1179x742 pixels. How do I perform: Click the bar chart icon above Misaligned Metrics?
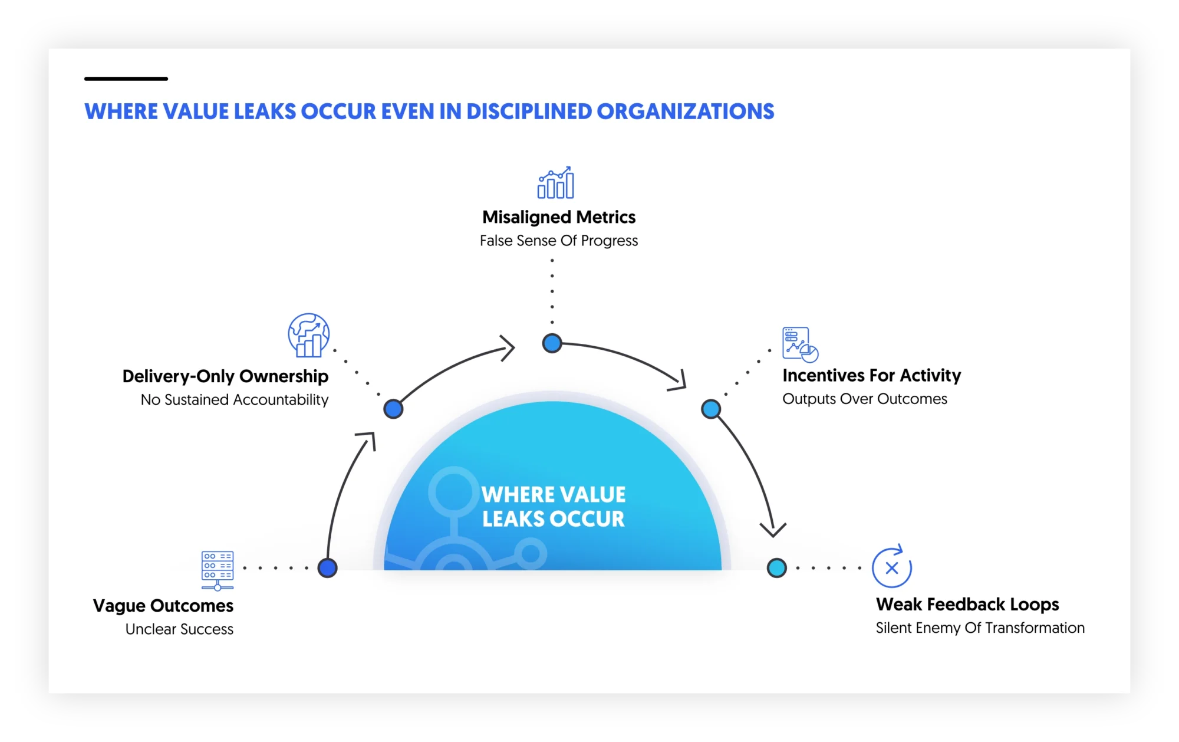click(555, 183)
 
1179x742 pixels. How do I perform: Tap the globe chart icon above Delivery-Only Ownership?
click(308, 335)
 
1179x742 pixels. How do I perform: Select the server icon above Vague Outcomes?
click(218, 570)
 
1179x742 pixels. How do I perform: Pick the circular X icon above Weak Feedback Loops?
click(892, 567)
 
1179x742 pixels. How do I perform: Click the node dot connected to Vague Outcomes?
click(327, 567)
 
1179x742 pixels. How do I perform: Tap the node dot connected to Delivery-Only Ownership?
click(393, 408)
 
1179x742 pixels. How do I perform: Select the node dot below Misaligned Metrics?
click(552, 343)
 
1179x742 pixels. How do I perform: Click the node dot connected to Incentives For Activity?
click(711, 408)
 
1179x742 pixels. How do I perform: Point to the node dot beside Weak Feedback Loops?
click(776, 567)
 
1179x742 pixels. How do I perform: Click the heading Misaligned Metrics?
click(559, 217)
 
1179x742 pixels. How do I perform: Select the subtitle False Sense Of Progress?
click(559, 241)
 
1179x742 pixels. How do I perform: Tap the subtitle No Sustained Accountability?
click(234, 400)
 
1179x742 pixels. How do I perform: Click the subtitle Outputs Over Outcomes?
click(865, 399)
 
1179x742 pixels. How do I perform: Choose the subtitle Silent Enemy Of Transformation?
click(980, 628)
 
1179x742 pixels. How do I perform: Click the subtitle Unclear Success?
click(179, 629)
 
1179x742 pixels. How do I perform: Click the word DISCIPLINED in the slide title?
click(529, 111)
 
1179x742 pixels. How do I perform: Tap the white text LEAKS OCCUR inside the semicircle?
click(553, 519)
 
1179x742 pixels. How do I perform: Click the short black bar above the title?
click(126, 78)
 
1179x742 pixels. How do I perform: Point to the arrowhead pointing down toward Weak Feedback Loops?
click(773, 529)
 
